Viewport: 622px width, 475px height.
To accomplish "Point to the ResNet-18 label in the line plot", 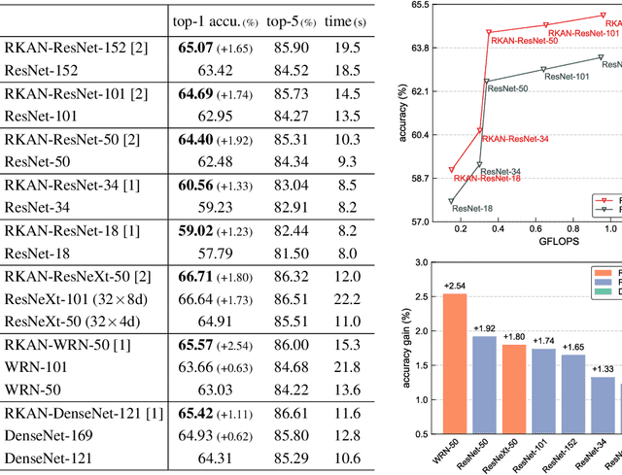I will tap(472, 208).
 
